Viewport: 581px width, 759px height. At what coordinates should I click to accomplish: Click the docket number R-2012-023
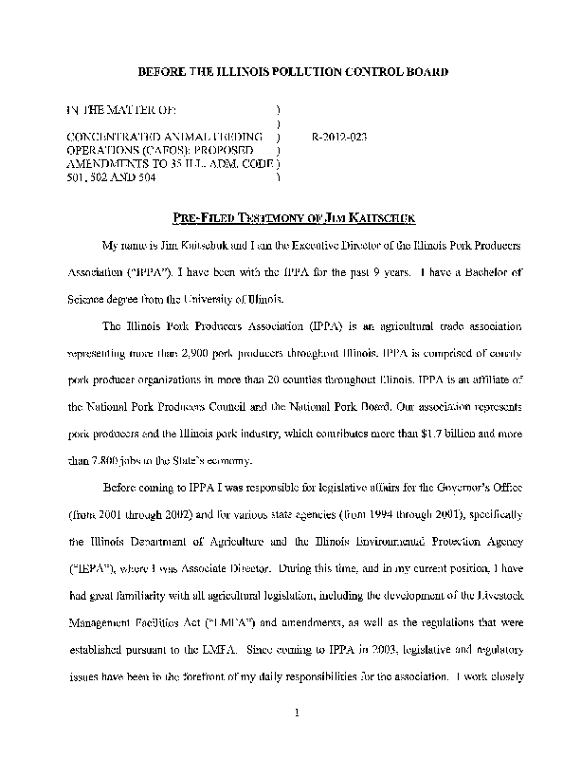tap(338, 137)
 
